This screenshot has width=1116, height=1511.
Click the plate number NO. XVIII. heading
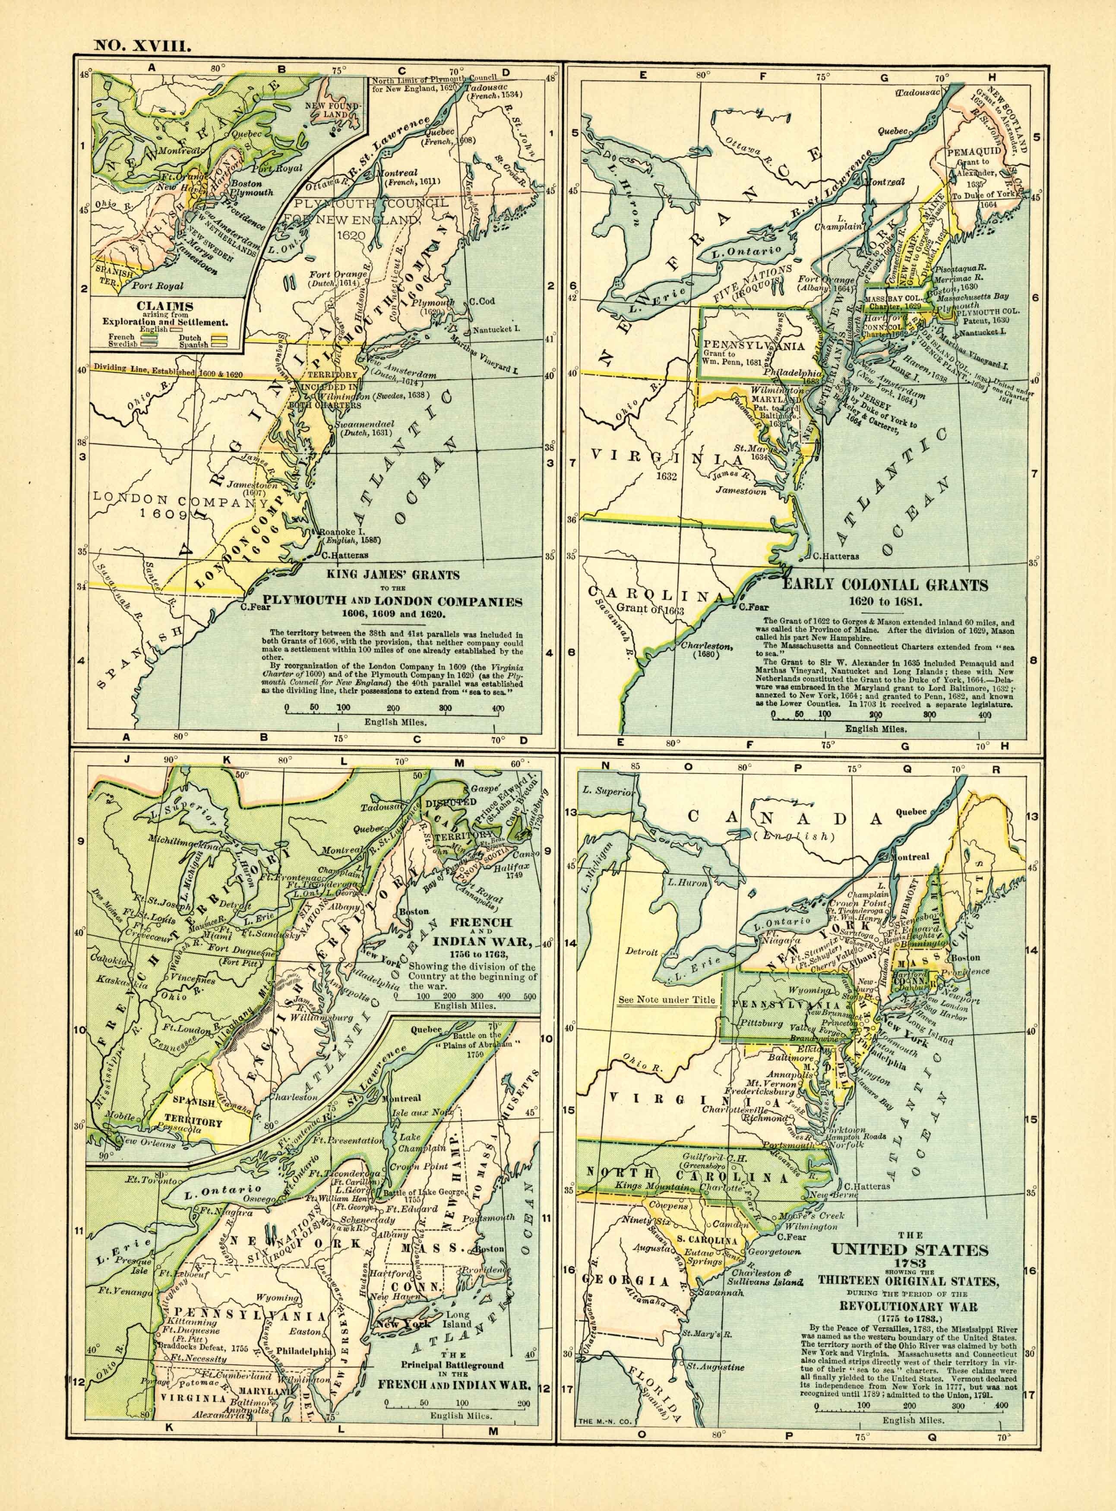point(143,46)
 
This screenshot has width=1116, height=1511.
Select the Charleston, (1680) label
point(705,651)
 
